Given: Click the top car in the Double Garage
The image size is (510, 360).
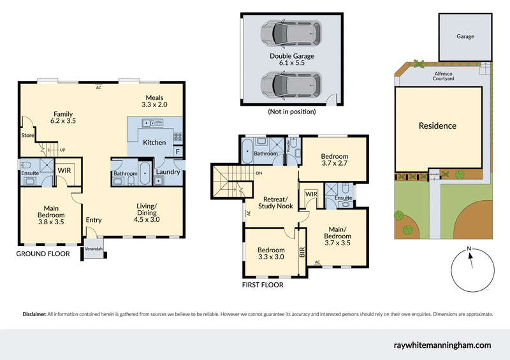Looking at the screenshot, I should click(289, 32).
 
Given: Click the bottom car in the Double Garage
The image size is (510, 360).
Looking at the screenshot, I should click(289, 83).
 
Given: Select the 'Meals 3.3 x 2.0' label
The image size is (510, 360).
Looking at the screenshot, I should click(154, 101).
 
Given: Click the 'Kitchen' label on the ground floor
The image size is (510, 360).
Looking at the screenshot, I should click(154, 142).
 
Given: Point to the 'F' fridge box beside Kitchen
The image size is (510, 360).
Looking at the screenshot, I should click(177, 151).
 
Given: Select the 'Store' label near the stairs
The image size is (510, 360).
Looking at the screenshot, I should click(27, 135).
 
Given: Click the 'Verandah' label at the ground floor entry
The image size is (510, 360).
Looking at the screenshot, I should click(93, 248).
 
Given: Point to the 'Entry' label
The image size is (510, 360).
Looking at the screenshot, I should click(94, 220).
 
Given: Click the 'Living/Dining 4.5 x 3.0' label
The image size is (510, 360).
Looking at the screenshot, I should click(147, 212).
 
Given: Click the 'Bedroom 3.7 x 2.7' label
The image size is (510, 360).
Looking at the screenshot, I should click(334, 160).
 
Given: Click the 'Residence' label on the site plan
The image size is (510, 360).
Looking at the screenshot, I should click(437, 126).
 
